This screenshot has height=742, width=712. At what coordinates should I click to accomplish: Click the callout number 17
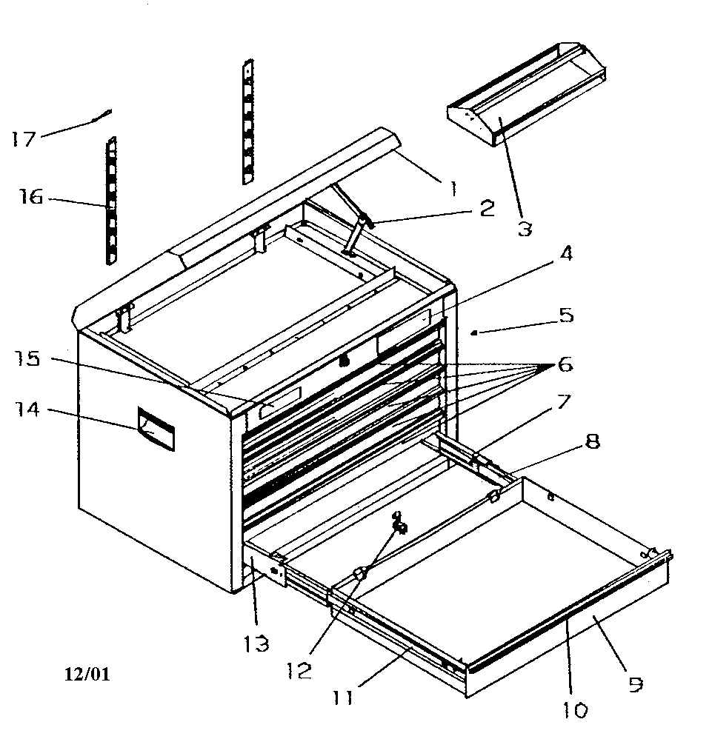pyautogui.click(x=24, y=138)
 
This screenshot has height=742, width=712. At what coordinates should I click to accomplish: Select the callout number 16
pyautogui.click(x=31, y=197)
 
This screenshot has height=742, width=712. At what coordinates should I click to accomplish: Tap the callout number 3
pyautogui.click(x=524, y=228)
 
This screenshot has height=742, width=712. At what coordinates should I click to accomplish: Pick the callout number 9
pyautogui.click(x=634, y=685)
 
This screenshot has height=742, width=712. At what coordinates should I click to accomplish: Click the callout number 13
pyautogui.click(x=257, y=643)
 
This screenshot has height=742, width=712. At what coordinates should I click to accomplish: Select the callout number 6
pyautogui.click(x=565, y=364)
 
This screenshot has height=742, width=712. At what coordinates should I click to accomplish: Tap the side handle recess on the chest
pyautogui.click(x=156, y=430)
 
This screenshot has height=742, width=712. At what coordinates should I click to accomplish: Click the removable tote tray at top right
pyautogui.click(x=526, y=96)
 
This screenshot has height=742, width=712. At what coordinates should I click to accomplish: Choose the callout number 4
pyautogui.click(x=566, y=254)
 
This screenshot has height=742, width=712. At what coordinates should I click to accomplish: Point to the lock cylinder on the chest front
pyautogui.click(x=344, y=362)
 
